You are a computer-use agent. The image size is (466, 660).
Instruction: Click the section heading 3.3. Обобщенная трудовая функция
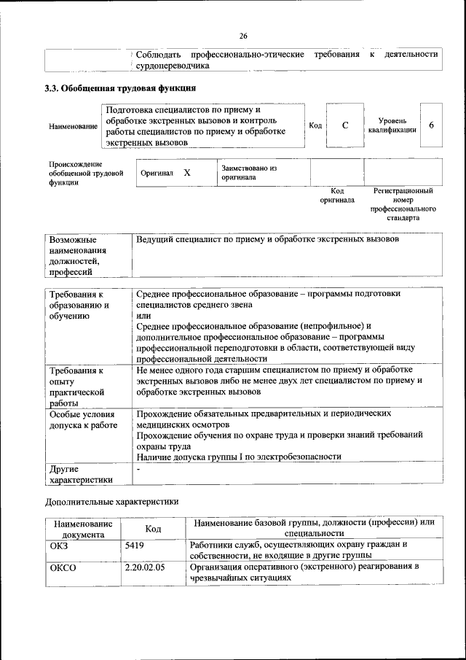pyautogui.click(x=120, y=88)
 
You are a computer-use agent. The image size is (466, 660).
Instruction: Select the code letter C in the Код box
pyautogui.click(x=345, y=125)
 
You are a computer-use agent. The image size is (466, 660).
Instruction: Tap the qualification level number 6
pyautogui.click(x=431, y=125)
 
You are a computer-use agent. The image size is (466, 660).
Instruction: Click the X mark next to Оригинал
pyautogui.click(x=187, y=173)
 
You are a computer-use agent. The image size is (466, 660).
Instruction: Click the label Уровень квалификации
pyautogui.click(x=397, y=125)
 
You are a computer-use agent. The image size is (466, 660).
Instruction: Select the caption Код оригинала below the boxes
pyautogui.click(x=337, y=195)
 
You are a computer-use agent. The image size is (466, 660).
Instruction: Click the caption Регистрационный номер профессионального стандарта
pyautogui.click(x=403, y=204)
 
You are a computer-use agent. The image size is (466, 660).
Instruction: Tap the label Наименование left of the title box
pyautogui.click(x=73, y=126)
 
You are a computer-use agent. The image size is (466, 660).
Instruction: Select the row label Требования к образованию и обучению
pyautogui.click(x=79, y=305)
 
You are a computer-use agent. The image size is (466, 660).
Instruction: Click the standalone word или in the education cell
pyautogui.click(x=143, y=315)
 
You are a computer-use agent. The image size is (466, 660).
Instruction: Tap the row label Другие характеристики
pyautogui.click(x=80, y=473)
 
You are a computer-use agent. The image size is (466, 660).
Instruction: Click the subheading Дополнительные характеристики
pyautogui.click(x=111, y=502)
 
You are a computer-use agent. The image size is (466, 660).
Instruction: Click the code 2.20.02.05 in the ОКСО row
pyautogui.click(x=145, y=566)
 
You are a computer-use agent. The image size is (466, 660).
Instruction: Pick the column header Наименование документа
pyautogui.click(x=82, y=529)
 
